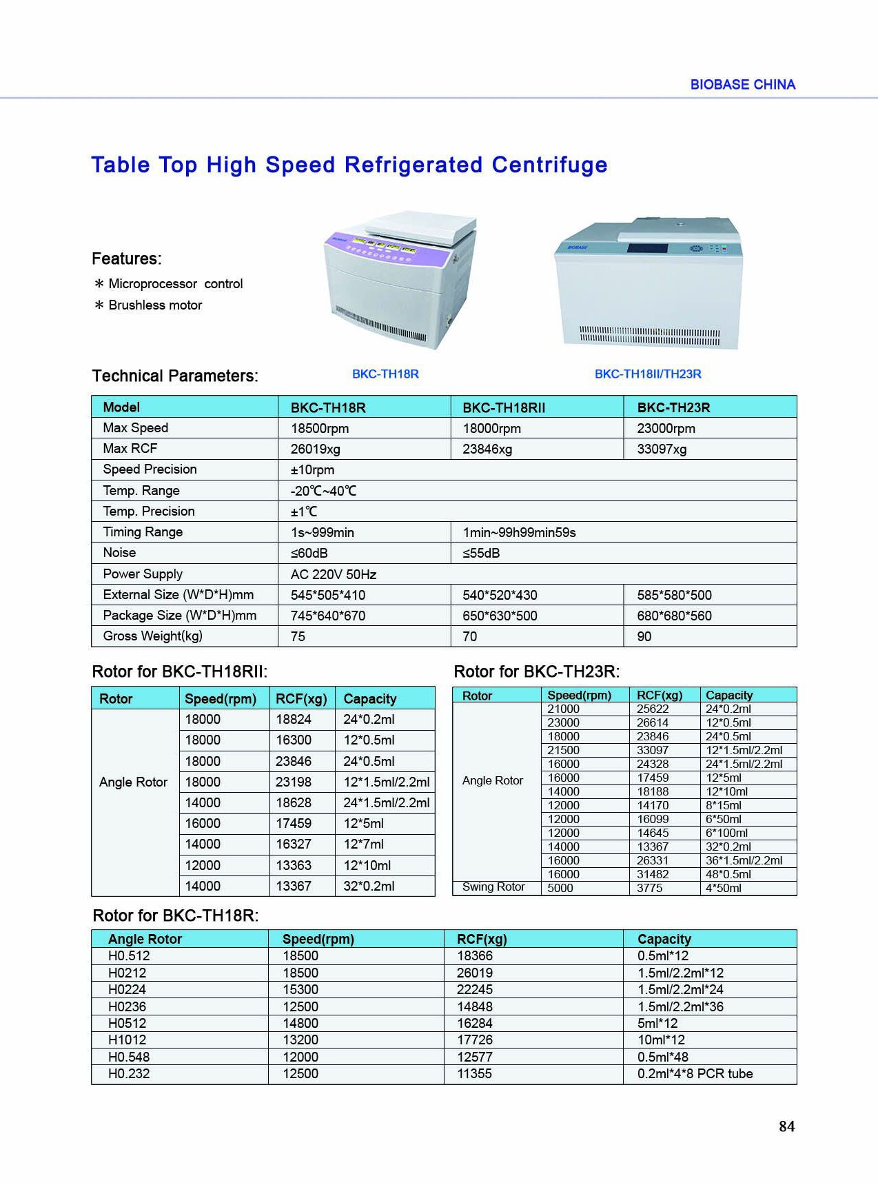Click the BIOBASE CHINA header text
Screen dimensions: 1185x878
[742, 85]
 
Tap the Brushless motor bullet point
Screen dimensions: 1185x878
[155, 305]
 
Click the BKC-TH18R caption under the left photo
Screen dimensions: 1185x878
[385, 374]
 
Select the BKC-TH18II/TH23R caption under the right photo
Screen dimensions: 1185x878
[648, 374]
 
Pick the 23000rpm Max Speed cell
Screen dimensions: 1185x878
[666, 428]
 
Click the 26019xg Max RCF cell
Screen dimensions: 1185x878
[316, 449]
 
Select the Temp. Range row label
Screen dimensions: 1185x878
[141, 491]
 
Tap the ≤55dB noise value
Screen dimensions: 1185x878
[481, 554]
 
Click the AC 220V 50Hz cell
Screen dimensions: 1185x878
[334, 574]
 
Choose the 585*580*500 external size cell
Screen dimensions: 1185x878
[674, 595]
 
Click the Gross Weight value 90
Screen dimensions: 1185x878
[644, 637]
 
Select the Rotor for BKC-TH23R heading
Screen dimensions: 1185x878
[536, 671]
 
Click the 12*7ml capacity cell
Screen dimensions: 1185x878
[363, 844]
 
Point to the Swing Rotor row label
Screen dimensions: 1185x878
[493, 887]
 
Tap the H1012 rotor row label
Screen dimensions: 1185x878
[127, 1040]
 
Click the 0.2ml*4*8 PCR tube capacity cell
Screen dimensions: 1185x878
[695, 1074]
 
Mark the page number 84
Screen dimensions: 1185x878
[786, 1126]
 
